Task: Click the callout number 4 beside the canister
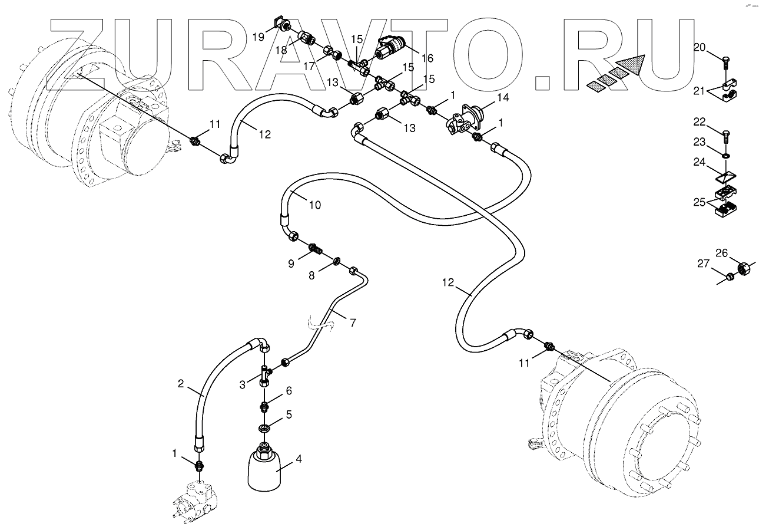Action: click(x=299, y=459)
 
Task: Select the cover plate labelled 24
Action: click(x=726, y=176)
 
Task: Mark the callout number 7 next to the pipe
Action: click(x=353, y=322)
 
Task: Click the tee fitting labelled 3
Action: click(x=264, y=373)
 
